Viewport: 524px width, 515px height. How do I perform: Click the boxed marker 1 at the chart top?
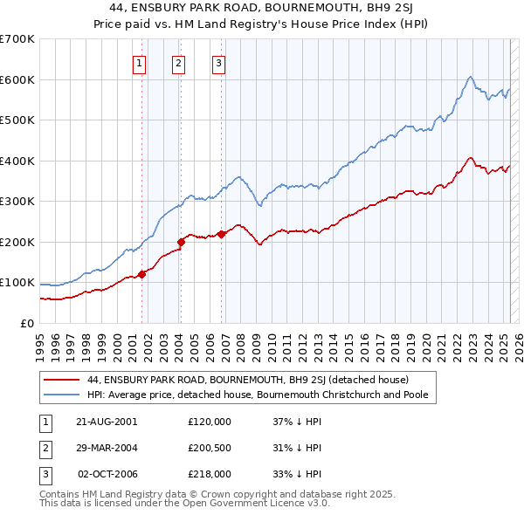pyautogui.click(x=141, y=62)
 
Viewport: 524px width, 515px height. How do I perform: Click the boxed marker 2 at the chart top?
pyautogui.click(x=178, y=62)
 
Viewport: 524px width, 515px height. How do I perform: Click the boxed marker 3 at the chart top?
pyautogui.click(x=217, y=62)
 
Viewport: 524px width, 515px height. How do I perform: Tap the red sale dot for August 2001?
pyautogui.click(x=141, y=274)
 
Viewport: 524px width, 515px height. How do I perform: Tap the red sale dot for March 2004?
pyautogui.click(x=181, y=242)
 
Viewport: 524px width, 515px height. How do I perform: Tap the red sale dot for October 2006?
pyautogui.click(x=222, y=234)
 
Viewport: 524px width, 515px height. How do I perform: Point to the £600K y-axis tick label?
pyautogui.click(x=17, y=79)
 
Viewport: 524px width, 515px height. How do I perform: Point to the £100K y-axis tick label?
pyautogui.click(x=17, y=283)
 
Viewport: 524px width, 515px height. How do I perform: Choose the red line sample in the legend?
pyautogui.click(x=62, y=380)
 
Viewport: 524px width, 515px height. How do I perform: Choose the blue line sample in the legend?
pyautogui.click(x=62, y=395)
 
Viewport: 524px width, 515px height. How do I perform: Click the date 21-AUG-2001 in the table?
pyautogui.click(x=107, y=421)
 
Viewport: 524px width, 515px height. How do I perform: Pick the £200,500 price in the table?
pyautogui.click(x=210, y=448)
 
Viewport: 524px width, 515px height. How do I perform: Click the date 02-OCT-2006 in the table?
pyautogui.click(x=107, y=475)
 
